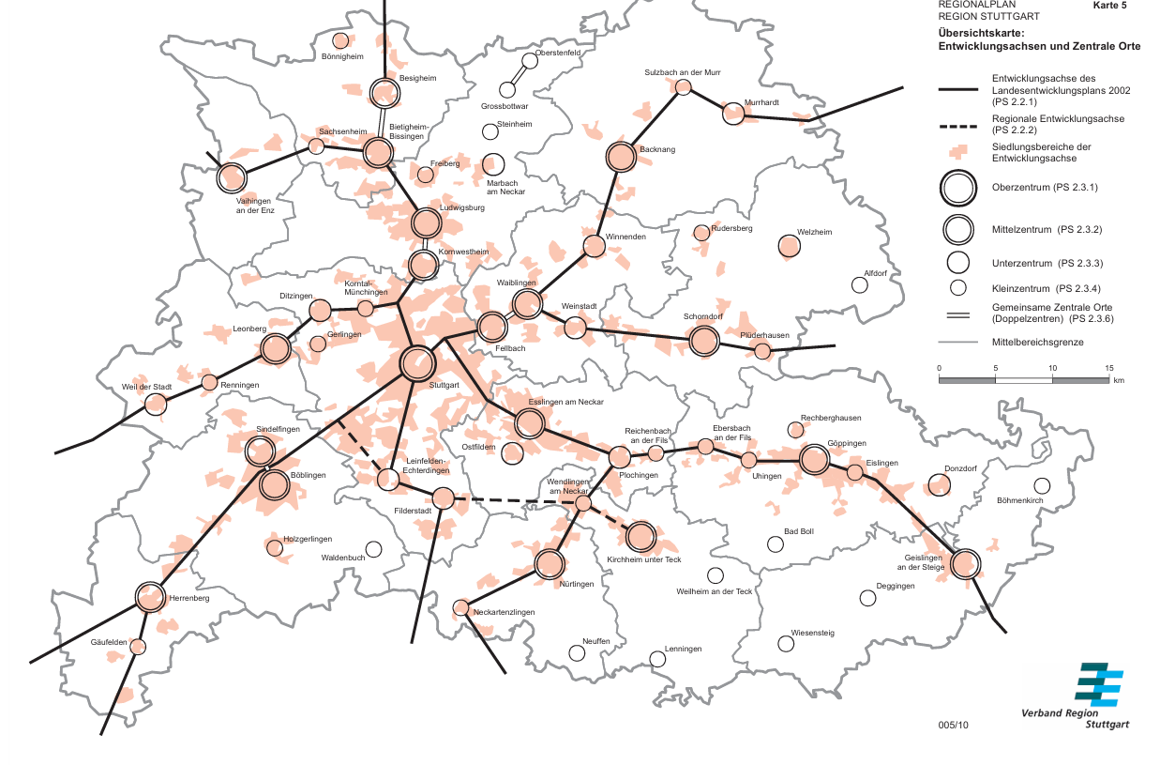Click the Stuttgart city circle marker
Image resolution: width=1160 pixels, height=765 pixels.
417,362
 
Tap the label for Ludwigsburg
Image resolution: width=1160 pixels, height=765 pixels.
461,207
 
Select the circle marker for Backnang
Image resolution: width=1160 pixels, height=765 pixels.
621,157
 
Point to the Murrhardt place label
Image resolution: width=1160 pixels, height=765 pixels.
761,101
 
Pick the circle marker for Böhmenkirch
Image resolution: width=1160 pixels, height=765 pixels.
1042,485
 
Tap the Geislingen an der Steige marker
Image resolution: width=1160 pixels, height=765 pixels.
964,563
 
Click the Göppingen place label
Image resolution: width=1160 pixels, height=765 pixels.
847,443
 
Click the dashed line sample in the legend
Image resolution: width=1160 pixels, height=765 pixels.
957,126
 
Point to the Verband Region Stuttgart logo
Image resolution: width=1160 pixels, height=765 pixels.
1097,684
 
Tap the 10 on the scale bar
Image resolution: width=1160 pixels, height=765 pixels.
1052,367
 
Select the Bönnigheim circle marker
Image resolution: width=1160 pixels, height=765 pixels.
341,40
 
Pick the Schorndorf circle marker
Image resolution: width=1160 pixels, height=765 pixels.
703,341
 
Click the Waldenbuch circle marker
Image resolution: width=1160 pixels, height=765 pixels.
373,549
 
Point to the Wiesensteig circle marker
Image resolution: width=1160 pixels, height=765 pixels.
786,643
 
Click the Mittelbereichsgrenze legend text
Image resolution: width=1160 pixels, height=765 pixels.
1037,343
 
